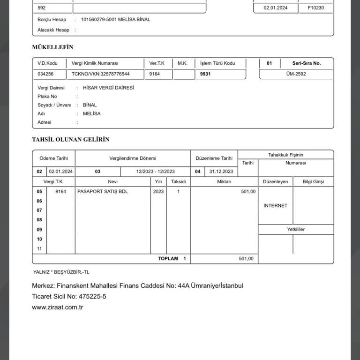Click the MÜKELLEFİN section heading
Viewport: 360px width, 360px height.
coord(52,47)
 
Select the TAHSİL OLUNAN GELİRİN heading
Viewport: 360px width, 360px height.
coord(70,140)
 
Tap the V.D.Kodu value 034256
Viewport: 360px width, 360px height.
coord(45,74)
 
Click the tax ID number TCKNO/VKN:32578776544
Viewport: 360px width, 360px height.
coord(100,74)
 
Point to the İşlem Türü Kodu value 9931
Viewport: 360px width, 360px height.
coord(205,74)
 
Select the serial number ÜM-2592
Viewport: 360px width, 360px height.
coord(296,74)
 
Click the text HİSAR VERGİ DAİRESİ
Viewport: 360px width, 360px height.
coord(108,88)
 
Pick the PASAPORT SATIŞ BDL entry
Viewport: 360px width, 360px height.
coord(102,192)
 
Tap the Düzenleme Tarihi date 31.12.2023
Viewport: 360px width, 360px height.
coord(221,172)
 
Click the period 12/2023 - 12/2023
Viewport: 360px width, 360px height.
coord(155,172)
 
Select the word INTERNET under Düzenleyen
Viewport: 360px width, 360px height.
coord(275,206)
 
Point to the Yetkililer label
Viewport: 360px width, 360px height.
coord(296,230)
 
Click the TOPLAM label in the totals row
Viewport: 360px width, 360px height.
coord(168,259)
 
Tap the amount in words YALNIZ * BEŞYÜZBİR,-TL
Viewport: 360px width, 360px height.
coord(61,272)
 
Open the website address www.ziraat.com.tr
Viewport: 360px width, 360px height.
coord(58,307)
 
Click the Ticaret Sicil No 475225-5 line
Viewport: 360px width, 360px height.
coord(69,297)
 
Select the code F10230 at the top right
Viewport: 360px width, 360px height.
coord(315,8)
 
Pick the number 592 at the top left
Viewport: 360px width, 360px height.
coord(42,8)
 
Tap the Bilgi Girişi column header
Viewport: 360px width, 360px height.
coord(313,182)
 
